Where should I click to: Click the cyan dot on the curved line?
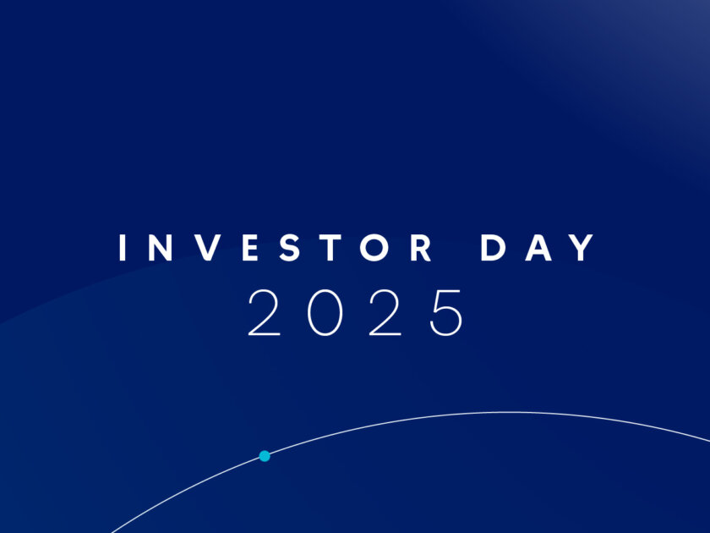pyautogui.click(x=265, y=456)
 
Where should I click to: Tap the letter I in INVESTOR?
pyautogui.click(x=123, y=247)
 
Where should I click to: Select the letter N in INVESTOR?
pyautogui.click(x=161, y=247)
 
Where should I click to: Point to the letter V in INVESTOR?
pyautogui.click(x=208, y=247)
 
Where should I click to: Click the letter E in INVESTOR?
pyautogui.click(x=250, y=247)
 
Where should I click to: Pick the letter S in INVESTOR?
pyautogui.click(x=290, y=247)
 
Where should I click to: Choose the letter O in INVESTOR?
pyautogui.click(x=374, y=247)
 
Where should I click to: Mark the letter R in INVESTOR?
pyautogui.click(x=421, y=247)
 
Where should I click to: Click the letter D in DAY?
pyautogui.click(x=493, y=247)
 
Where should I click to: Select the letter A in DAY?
pyautogui.click(x=538, y=247)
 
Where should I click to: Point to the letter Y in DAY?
pyautogui.click(x=582, y=247)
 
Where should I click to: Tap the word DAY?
pyautogui.click(x=538, y=247)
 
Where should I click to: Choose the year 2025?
pyautogui.click(x=355, y=313)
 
